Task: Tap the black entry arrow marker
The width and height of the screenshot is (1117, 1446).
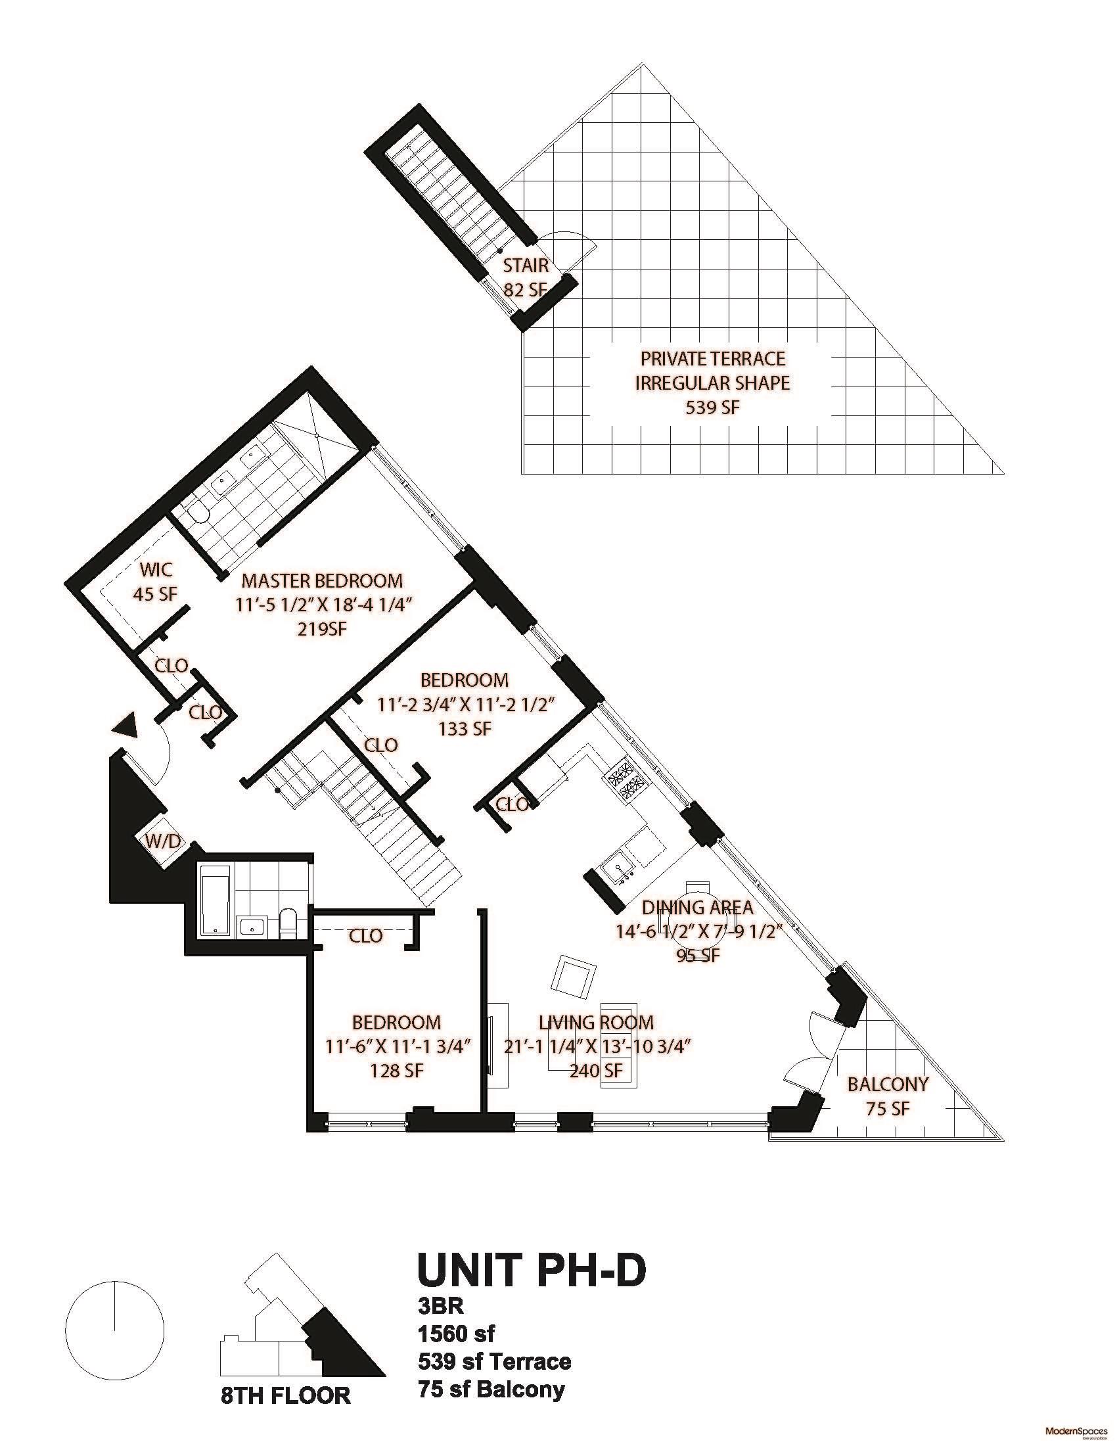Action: click(x=126, y=725)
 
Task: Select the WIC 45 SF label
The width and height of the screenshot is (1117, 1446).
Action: click(x=156, y=581)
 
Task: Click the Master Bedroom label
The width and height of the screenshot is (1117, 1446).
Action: click(x=321, y=580)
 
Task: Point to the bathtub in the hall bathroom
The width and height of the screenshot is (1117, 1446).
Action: click(x=215, y=899)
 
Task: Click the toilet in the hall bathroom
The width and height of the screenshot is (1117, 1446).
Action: click(x=288, y=921)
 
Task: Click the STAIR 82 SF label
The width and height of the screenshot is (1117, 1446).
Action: click(x=526, y=277)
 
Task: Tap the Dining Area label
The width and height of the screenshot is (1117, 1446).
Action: click(x=697, y=908)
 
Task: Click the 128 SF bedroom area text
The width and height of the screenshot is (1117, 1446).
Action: click(x=396, y=1071)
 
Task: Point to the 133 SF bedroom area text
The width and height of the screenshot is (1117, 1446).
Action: click(x=465, y=729)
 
